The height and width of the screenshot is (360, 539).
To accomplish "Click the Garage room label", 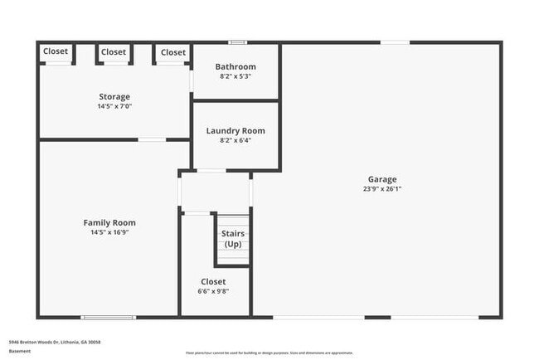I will coord(382,179).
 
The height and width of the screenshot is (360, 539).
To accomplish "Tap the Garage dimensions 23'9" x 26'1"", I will coord(382,189).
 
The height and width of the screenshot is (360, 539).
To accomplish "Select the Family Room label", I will coord(109,222).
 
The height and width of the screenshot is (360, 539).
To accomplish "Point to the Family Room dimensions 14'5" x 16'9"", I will coord(109,232).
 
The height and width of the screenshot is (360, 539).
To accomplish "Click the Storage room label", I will coord(114,96).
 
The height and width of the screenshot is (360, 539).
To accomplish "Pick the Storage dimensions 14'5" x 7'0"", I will coord(114,106).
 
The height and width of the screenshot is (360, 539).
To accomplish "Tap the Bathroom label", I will coord(236,66).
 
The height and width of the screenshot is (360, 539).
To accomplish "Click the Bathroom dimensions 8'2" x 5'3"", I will coord(236,76).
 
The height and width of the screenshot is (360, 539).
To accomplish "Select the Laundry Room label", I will coord(236,130).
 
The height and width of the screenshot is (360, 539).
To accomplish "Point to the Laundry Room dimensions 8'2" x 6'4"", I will coord(236,140).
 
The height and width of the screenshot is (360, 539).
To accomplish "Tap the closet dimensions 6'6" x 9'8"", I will coord(213,292).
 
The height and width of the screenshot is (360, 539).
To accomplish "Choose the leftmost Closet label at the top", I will coord(56,51).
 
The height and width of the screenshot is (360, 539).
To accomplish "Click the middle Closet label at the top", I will coord(114,51).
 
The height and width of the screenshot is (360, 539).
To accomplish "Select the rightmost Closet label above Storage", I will coord(173,52).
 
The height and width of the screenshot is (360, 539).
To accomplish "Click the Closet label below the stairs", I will coord(213,282).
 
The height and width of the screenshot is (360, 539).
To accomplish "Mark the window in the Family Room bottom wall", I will coord(108,317).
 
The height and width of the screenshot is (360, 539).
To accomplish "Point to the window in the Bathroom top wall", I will coord(238,42).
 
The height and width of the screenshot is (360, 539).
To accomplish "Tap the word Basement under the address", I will coord(19,351).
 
